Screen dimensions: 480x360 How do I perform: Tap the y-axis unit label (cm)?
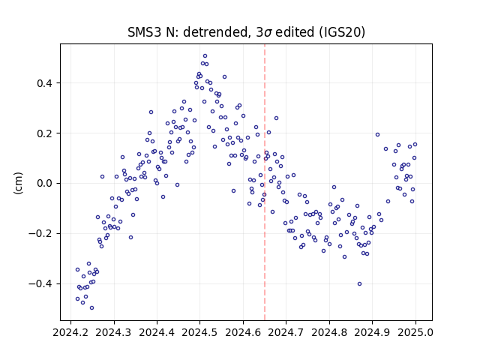click(18, 183)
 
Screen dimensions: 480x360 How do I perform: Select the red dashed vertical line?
click(265, 182)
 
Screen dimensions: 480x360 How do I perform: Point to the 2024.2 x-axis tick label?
click(70, 332)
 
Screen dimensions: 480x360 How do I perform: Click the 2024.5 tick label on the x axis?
click(200, 332)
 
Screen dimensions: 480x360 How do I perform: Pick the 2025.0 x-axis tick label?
click(415, 332)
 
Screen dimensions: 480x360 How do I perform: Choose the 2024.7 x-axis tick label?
click(286, 332)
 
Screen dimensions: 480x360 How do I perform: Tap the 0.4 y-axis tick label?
click(44, 83)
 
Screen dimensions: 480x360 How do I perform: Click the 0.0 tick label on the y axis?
click(44, 183)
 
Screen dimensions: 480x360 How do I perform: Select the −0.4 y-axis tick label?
click(40, 283)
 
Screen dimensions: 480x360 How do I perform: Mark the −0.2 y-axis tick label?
click(40, 233)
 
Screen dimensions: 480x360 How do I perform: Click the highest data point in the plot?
click(205, 56)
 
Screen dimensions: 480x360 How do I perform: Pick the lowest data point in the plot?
click(91, 308)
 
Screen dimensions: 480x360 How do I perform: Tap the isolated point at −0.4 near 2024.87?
click(360, 283)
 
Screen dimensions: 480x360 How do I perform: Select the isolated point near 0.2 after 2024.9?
click(377, 135)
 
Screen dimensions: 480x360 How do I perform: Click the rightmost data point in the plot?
click(415, 145)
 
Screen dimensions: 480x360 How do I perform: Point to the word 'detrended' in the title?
click(215, 32)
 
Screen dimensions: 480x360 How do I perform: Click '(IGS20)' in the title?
click(342, 32)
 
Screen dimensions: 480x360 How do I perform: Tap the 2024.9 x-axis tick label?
click(372, 332)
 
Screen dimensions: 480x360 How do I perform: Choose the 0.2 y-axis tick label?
click(44, 133)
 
